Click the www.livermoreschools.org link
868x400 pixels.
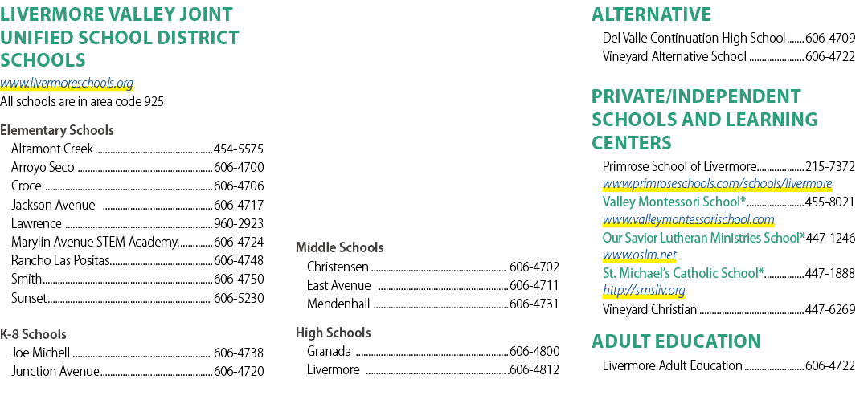pyautogui.click(x=67, y=83)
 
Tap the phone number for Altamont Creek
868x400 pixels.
pyautogui.click(x=239, y=149)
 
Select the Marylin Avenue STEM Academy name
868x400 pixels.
pyautogui.click(x=95, y=242)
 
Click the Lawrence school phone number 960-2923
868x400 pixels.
pyautogui.click(x=239, y=223)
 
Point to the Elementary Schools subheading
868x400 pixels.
pyautogui.click(x=57, y=130)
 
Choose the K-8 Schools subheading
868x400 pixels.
pyautogui.click(x=33, y=334)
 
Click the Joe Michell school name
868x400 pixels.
pyautogui.click(x=40, y=353)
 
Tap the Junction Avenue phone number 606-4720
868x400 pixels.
pyautogui.click(x=239, y=371)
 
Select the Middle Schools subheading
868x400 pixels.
pyautogui.click(x=339, y=247)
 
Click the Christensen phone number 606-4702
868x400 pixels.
pyautogui.click(x=534, y=267)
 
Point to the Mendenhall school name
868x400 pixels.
pyautogui.click(x=338, y=304)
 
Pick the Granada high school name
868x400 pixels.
pyautogui.click(x=329, y=351)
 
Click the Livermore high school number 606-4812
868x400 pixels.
pyautogui.click(x=534, y=369)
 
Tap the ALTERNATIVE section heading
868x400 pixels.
pyautogui.click(x=652, y=14)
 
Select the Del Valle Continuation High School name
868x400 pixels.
pyautogui.click(x=694, y=39)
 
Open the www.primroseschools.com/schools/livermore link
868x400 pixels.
pyautogui.click(x=717, y=183)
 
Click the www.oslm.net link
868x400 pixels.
pyautogui.click(x=640, y=255)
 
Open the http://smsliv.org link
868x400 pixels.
pyautogui.click(x=644, y=291)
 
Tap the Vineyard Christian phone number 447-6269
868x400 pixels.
pyautogui.click(x=830, y=310)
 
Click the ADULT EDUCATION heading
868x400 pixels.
pyautogui.click(x=676, y=341)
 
